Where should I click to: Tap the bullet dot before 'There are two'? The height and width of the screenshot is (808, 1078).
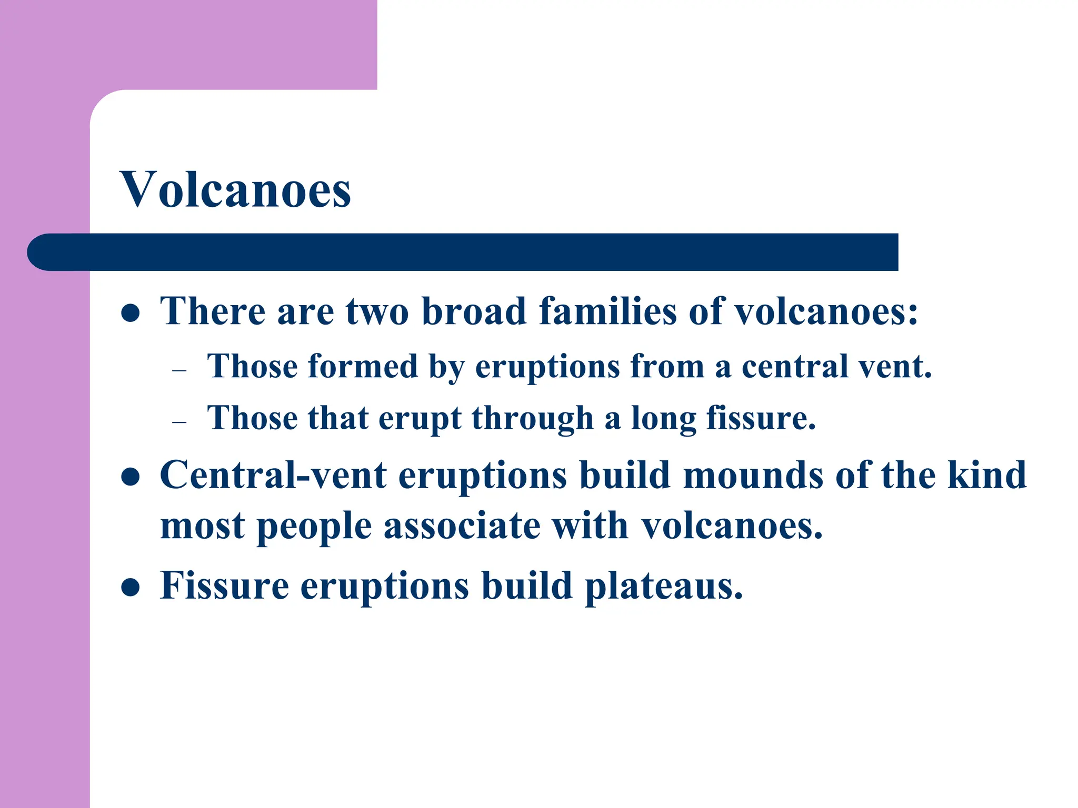click(130, 314)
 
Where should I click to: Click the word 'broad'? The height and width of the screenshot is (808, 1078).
click(474, 311)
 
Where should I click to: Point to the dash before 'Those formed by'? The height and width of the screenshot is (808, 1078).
click(179, 370)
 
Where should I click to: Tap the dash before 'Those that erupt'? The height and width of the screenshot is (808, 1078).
click(179, 422)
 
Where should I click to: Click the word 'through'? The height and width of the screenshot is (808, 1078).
click(533, 419)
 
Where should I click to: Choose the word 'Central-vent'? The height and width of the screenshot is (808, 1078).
click(273, 475)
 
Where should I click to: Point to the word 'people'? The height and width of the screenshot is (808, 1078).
click(314, 527)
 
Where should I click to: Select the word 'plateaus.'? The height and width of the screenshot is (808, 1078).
click(663, 586)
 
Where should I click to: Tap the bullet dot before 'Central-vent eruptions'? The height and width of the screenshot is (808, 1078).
click(130, 477)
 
